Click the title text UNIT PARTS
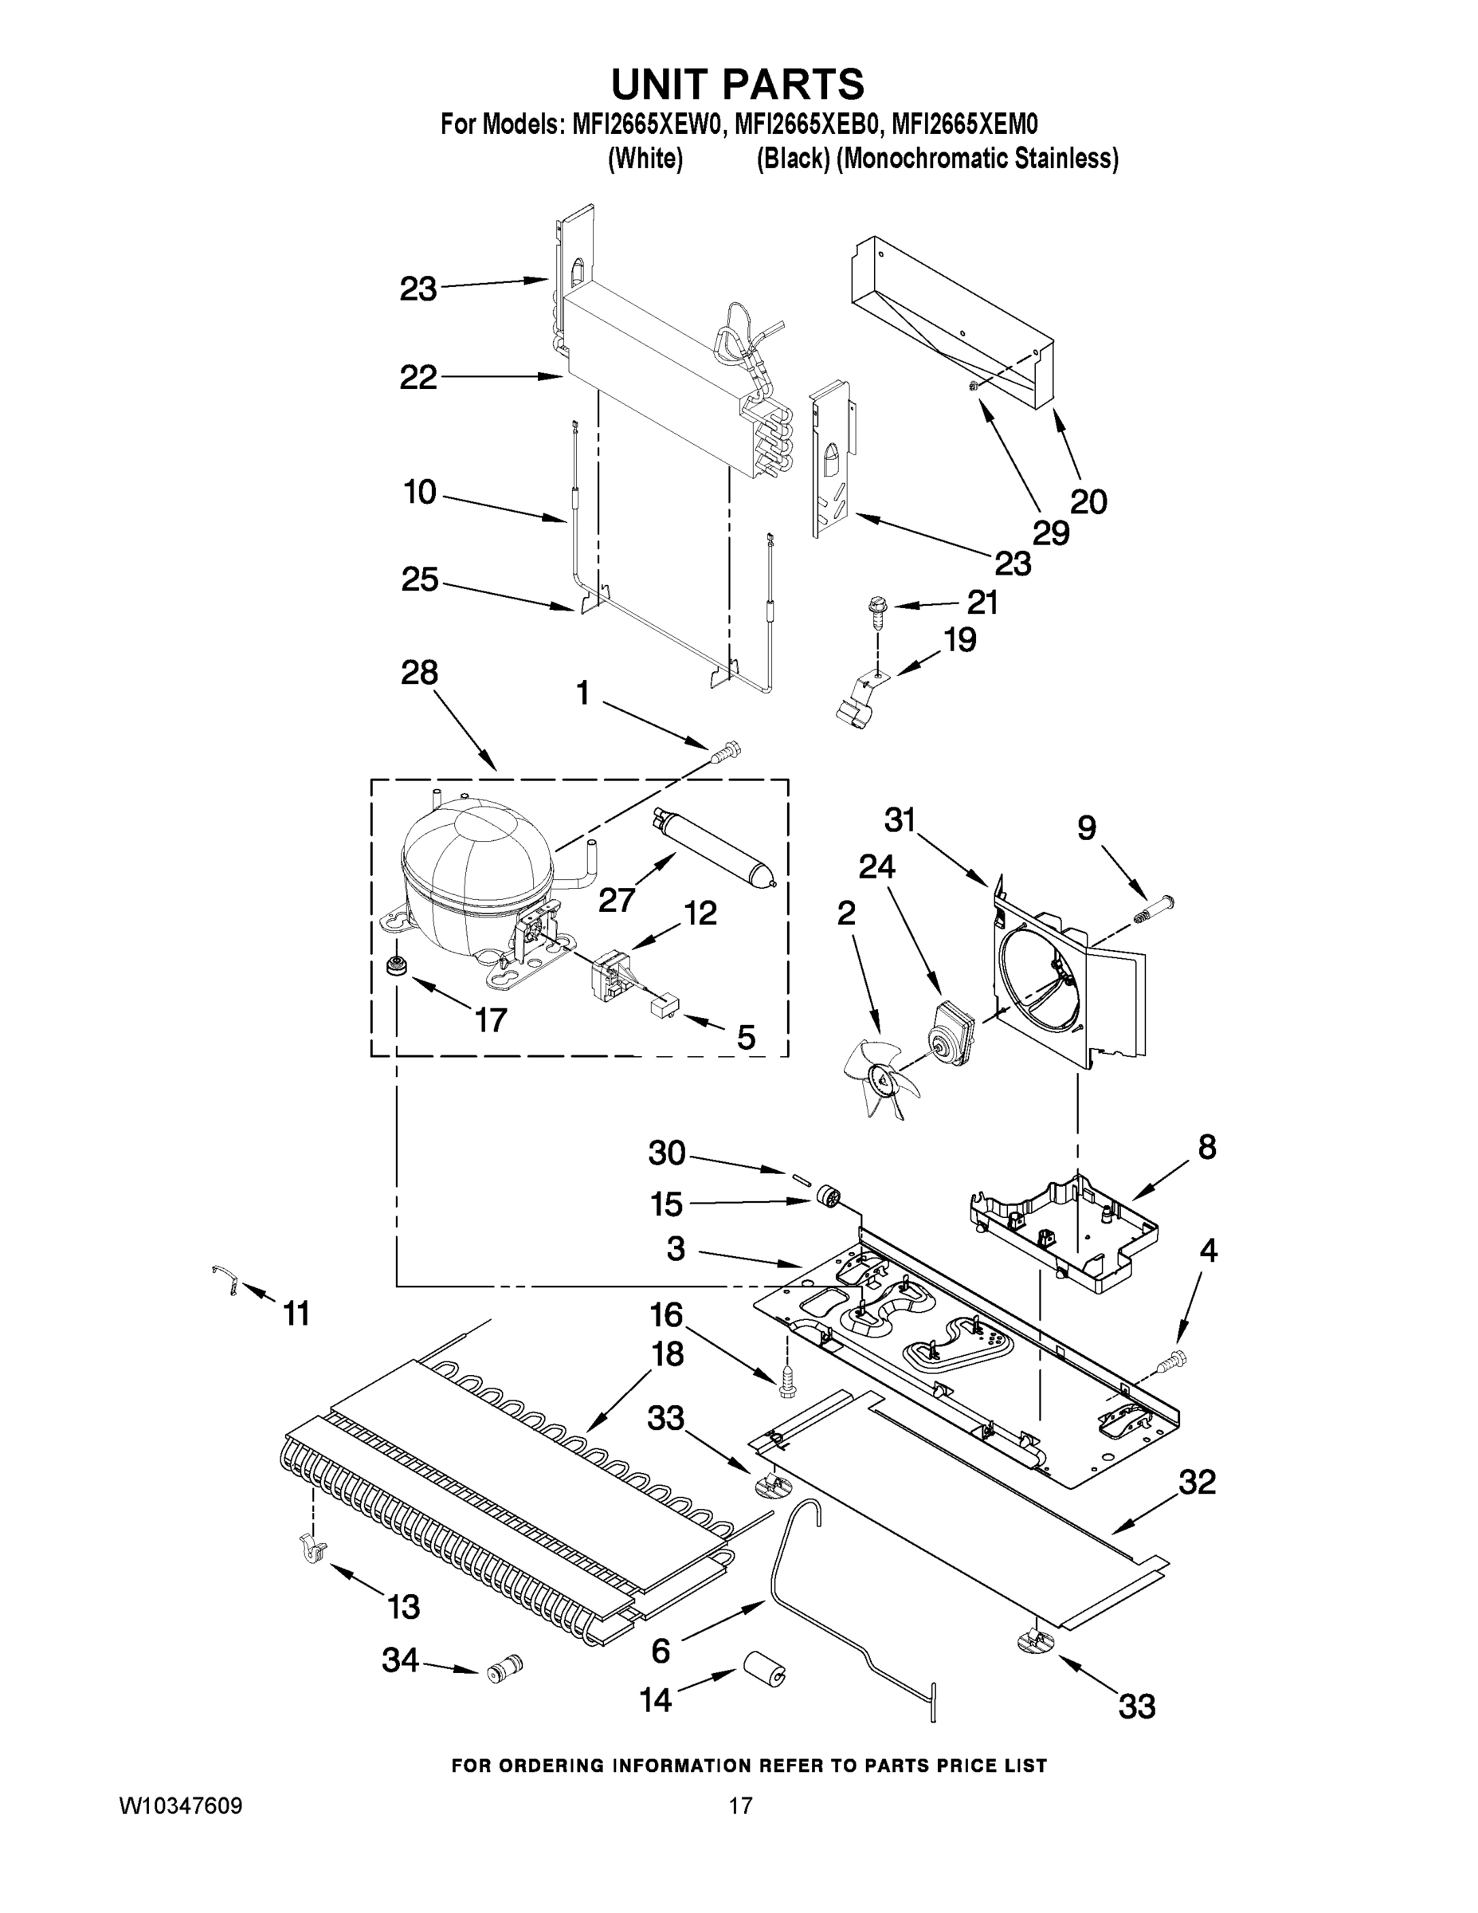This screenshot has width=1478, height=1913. point(737,84)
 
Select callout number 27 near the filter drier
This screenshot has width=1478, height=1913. point(617,901)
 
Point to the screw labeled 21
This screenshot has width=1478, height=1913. point(876,610)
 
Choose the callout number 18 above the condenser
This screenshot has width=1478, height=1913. point(668,1353)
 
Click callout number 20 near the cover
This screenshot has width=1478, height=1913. point(1088,502)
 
